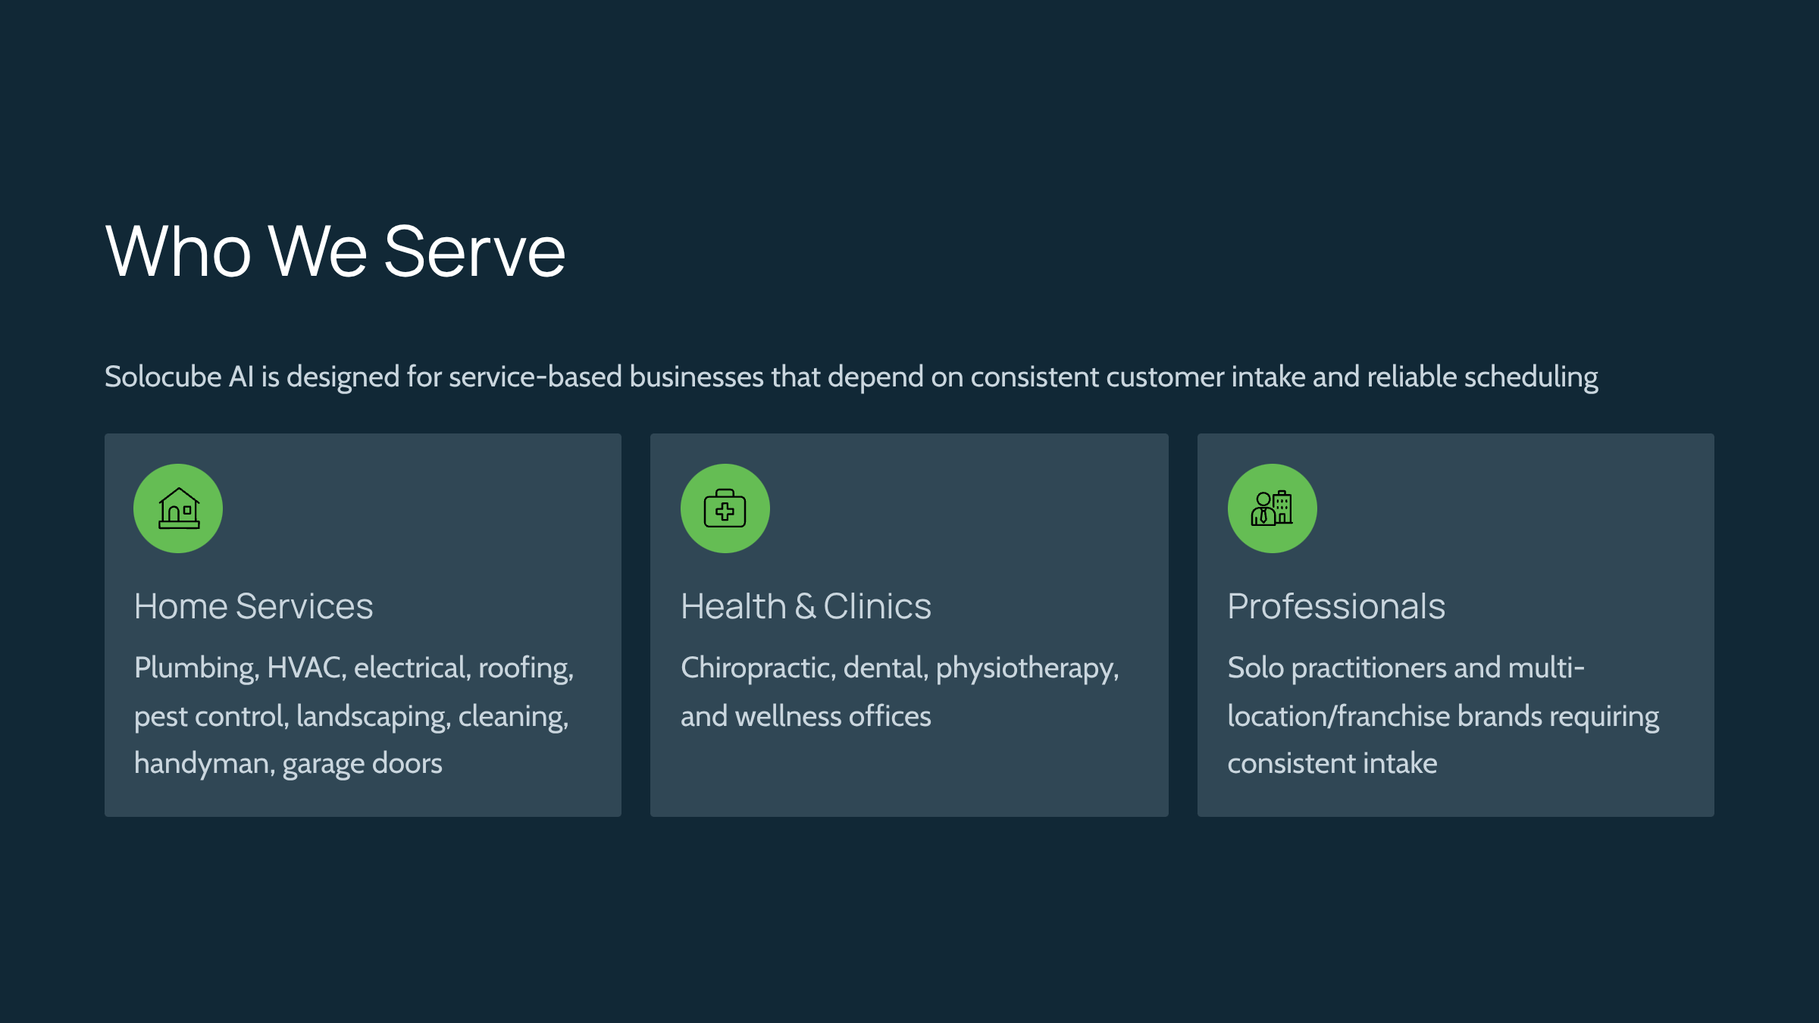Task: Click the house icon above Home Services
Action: coord(179,508)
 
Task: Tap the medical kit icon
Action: coord(725,508)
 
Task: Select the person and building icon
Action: coord(1272,508)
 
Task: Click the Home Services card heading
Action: coord(254,606)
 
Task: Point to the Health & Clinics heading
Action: coord(806,606)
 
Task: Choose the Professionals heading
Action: coord(1336,606)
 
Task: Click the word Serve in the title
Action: coord(475,252)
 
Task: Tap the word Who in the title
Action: coord(178,252)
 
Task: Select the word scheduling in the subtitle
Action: coord(1531,377)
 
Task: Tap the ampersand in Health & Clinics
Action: coord(805,606)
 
